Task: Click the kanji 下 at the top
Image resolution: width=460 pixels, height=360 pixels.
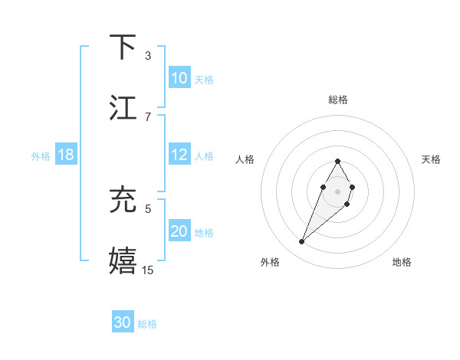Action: click(x=123, y=47)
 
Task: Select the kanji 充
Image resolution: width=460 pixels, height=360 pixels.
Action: click(x=123, y=200)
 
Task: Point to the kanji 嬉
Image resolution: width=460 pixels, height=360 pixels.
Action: click(x=123, y=260)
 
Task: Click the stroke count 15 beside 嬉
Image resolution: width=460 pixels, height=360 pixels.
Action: click(x=148, y=270)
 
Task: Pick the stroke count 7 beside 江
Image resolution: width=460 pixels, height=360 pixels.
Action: click(x=148, y=116)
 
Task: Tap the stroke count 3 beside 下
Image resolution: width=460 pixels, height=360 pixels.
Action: click(x=148, y=55)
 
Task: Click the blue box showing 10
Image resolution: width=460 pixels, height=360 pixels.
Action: click(x=179, y=78)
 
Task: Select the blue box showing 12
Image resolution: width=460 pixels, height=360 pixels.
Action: click(x=179, y=155)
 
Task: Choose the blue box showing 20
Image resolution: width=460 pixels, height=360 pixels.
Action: click(x=179, y=231)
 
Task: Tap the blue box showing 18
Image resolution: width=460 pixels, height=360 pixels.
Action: click(x=66, y=155)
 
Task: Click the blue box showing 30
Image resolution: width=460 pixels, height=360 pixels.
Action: click(x=123, y=323)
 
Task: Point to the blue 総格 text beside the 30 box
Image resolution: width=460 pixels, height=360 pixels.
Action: click(x=147, y=324)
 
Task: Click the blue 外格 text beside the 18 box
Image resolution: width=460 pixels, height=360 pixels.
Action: click(x=41, y=155)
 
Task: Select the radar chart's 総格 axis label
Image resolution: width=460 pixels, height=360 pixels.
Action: click(x=337, y=100)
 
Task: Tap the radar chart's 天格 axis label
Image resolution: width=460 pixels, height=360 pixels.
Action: click(x=432, y=159)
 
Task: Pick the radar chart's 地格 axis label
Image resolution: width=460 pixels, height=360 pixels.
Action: click(x=402, y=262)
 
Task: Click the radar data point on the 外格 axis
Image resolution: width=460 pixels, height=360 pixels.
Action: click(x=302, y=242)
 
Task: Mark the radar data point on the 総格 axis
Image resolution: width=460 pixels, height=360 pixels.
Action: click(x=337, y=161)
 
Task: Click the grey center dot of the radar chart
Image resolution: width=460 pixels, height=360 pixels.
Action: click(x=337, y=190)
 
